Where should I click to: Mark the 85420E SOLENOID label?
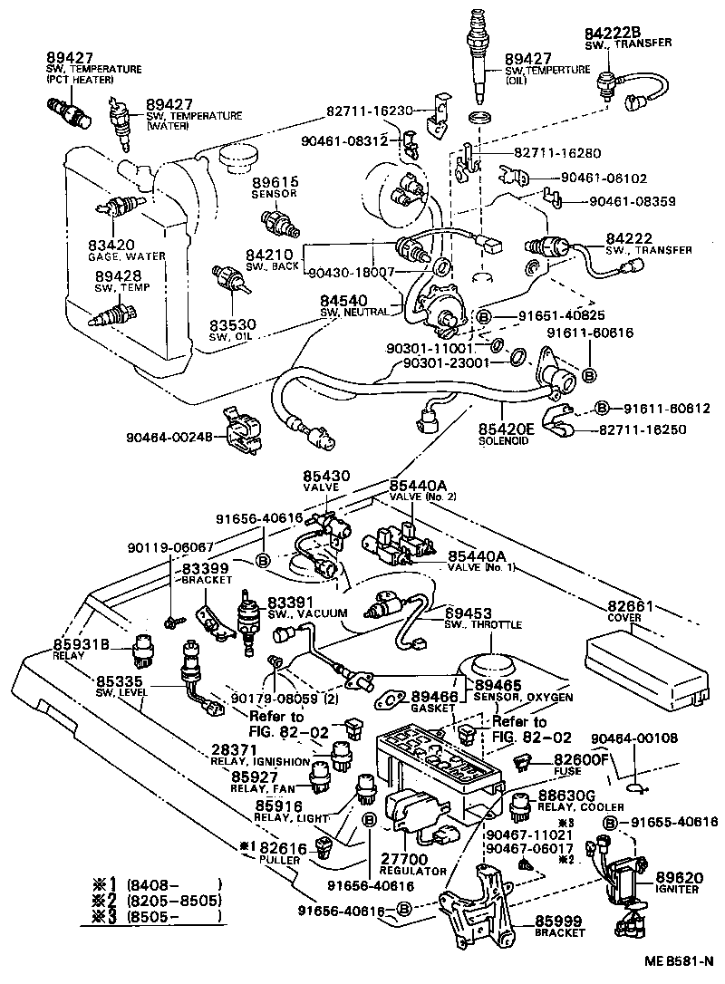click(x=509, y=431)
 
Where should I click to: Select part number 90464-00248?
click(x=169, y=438)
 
